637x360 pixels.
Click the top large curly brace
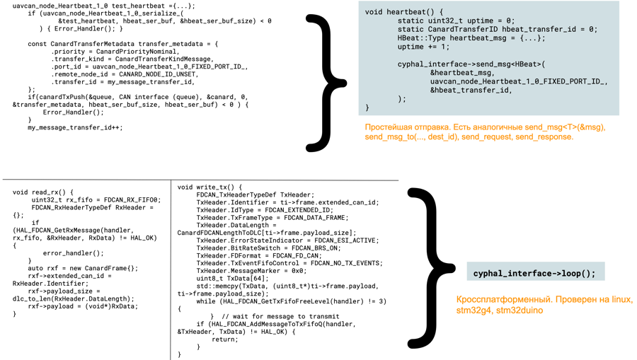click(326, 81)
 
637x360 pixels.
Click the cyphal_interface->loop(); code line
click(534, 273)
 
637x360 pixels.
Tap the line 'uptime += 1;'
click(423, 47)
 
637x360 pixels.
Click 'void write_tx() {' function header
click(210, 187)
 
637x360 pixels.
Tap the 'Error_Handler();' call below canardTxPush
click(73, 112)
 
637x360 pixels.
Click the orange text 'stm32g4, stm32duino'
click(500, 310)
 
